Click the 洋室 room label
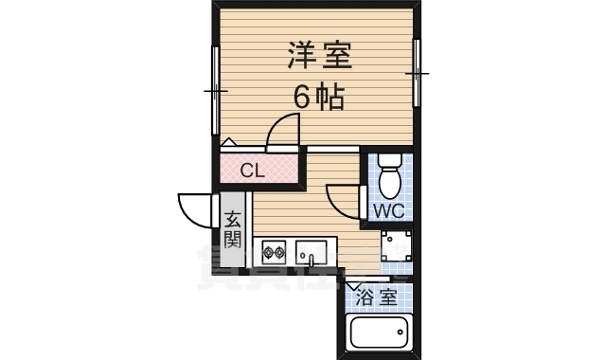coord(319,56)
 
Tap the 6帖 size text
coord(316,97)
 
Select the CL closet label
coord(251,171)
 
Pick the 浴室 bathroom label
coord(376,297)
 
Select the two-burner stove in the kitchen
coord(275,253)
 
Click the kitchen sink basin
coord(311,252)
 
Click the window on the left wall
coord(215,92)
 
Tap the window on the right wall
coord(416,73)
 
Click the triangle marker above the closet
coord(227,142)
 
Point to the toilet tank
coord(389,161)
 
